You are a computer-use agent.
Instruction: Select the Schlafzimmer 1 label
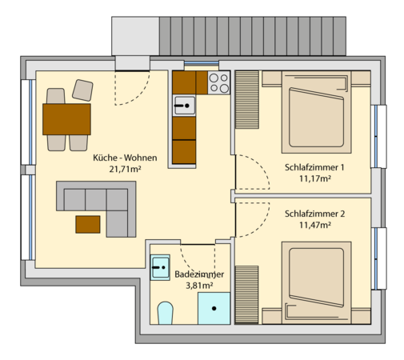point(314,167)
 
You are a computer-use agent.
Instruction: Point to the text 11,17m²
point(314,178)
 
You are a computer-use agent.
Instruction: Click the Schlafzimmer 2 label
point(314,214)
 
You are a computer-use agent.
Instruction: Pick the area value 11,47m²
point(314,226)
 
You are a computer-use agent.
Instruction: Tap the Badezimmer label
point(198,274)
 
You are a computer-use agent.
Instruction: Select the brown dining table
point(67,120)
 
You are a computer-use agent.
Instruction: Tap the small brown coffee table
point(88,224)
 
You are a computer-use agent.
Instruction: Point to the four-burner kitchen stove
point(219,81)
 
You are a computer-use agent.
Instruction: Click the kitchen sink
point(185,104)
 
